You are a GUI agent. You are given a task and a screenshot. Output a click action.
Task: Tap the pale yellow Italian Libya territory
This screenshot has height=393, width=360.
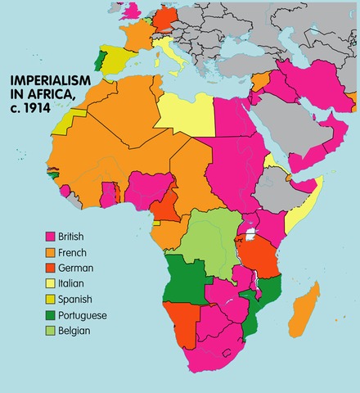[184, 115]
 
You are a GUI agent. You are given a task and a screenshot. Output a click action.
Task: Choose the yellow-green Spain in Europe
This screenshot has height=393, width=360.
[119, 59]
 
